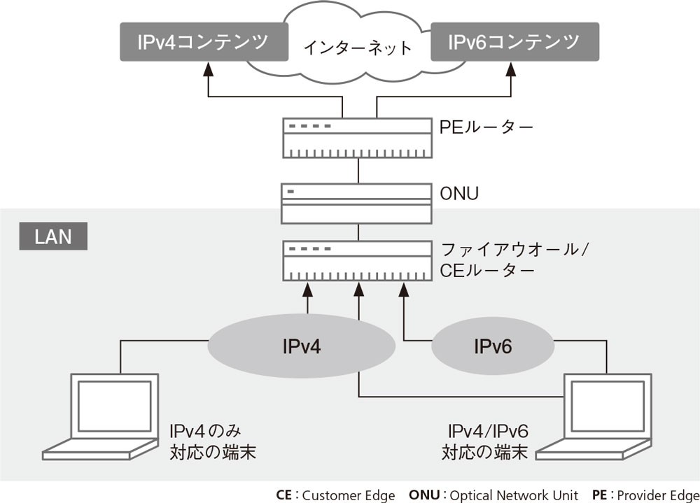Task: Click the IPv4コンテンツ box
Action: (x=203, y=42)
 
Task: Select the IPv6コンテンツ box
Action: (x=514, y=42)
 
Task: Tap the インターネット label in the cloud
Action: (x=358, y=48)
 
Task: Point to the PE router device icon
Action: (x=357, y=138)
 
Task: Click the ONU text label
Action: (x=459, y=192)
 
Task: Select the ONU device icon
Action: (x=357, y=203)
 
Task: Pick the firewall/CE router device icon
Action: (x=357, y=260)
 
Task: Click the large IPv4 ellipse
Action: (x=302, y=346)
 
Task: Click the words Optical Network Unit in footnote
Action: (x=514, y=495)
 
